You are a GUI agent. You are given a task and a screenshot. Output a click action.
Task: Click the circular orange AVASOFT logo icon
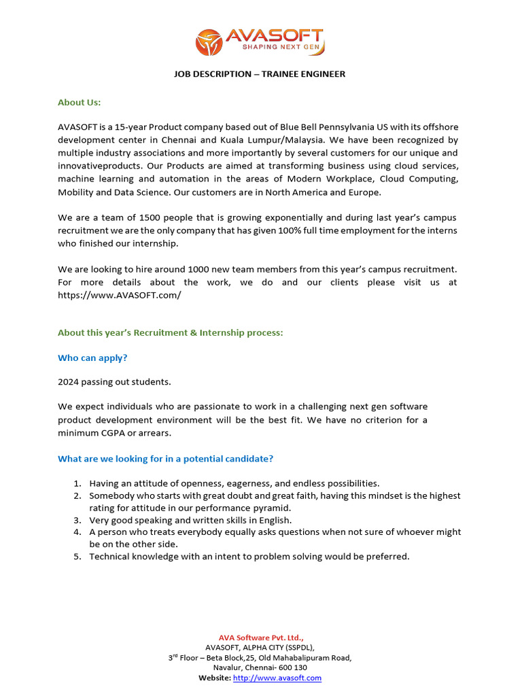[209, 42]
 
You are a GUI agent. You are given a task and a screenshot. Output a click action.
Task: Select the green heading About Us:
[79, 102]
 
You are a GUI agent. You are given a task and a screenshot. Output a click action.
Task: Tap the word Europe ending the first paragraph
[365, 192]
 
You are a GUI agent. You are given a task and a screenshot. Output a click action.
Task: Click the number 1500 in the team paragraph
[152, 217]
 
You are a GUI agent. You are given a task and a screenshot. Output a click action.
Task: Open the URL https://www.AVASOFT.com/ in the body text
[120, 296]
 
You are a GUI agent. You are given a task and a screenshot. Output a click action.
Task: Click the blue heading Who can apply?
[92, 358]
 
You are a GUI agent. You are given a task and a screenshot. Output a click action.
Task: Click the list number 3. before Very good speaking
[77, 520]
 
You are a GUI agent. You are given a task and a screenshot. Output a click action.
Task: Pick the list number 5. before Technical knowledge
[77, 557]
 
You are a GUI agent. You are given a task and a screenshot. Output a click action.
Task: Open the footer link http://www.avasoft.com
[277, 678]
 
